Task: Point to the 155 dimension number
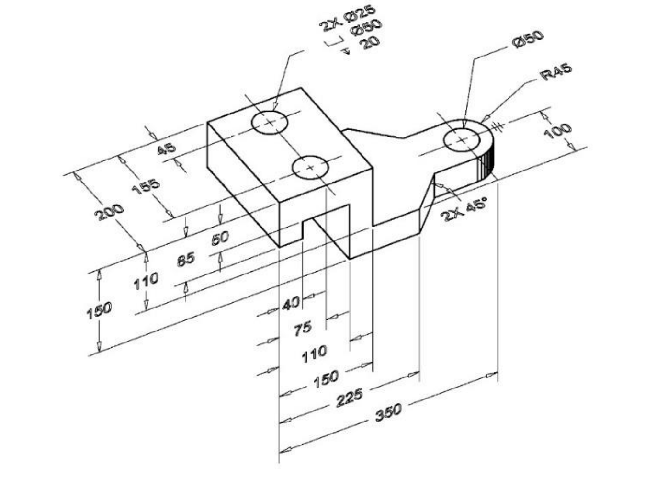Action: [x=146, y=186]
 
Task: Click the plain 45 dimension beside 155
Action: [x=166, y=148]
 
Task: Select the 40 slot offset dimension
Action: [x=291, y=303]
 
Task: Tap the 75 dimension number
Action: [x=303, y=329]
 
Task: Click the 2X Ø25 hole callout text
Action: [x=348, y=18]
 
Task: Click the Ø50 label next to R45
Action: [x=528, y=39]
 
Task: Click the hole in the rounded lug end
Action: [x=462, y=140]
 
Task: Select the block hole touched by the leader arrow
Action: [x=270, y=122]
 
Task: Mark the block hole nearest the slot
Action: [x=310, y=168]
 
